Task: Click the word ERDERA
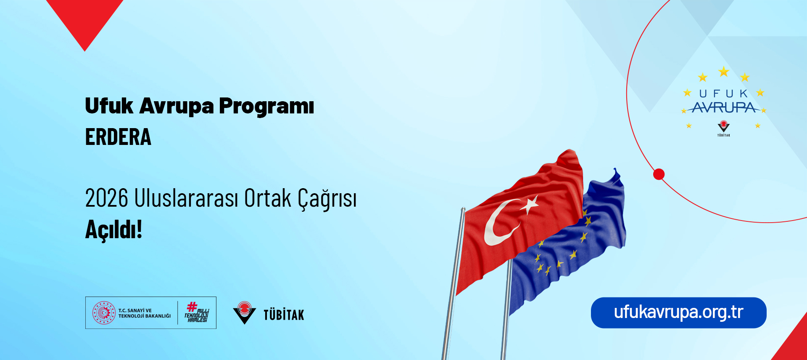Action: click(x=118, y=137)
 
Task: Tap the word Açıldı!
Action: click(x=113, y=229)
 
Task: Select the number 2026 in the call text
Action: click(x=106, y=198)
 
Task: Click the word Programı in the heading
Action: click(x=266, y=106)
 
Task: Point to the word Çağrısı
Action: click(x=327, y=199)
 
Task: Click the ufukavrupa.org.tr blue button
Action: click(x=678, y=313)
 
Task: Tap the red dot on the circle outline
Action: click(x=659, y=174)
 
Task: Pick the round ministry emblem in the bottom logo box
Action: click(x=104, y=313)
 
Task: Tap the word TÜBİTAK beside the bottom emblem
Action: click(x=284, y=315)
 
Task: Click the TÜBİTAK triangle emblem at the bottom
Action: click(x=244, y=313)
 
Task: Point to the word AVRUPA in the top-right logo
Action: click(x=724, y=108)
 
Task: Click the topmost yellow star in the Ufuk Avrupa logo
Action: click(x=723, y=72)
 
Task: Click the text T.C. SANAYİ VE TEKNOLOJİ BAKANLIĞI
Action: click(x=144, y=313)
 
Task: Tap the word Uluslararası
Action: click(x=186, y=198)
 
